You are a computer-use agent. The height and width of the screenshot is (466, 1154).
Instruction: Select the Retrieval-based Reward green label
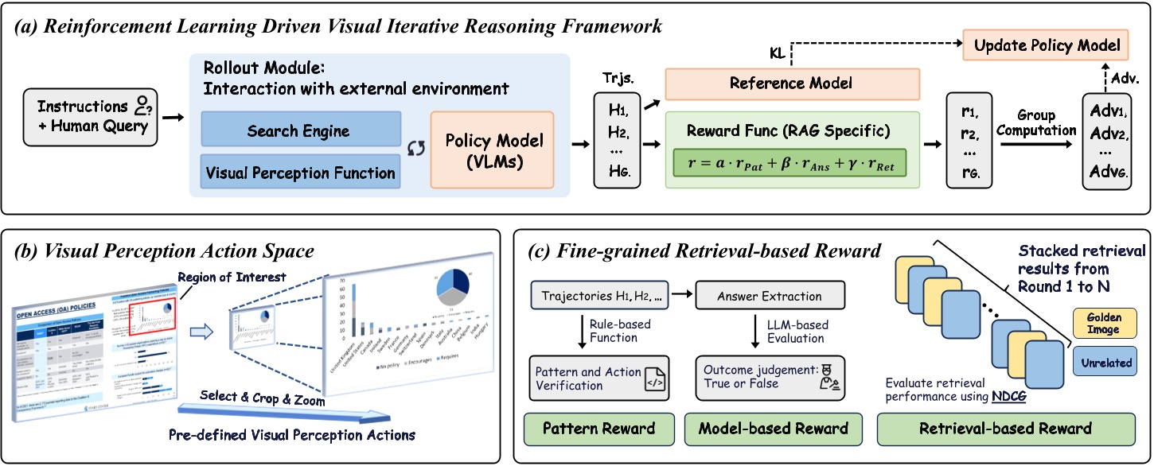click(1006, 429)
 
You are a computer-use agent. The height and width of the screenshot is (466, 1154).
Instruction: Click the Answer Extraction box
click(770, 296)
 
